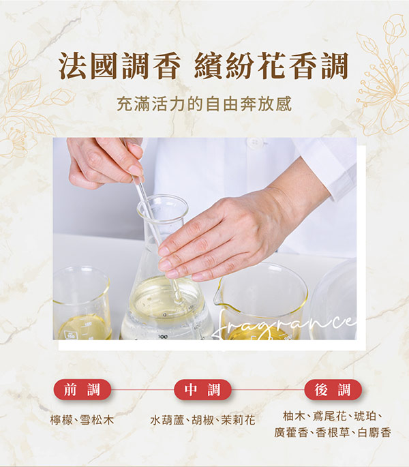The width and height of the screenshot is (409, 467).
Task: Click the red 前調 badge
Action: [82, 389]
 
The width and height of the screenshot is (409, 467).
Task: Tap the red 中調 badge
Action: [202, 389]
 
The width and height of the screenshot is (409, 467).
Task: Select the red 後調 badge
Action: [333, 389]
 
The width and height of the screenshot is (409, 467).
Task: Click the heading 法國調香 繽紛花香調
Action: [203, 66]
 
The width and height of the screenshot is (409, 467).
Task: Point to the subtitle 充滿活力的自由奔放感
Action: [204, 104]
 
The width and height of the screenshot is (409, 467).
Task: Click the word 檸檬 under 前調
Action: [61, 420]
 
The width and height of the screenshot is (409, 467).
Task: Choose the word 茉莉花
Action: [239, 420]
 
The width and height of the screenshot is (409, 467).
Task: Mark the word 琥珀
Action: [365, 416]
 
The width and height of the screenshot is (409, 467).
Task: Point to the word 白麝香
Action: [374, 432]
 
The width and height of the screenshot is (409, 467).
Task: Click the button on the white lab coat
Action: [255, 142]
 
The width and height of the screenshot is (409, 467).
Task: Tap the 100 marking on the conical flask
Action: [163, 337]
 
